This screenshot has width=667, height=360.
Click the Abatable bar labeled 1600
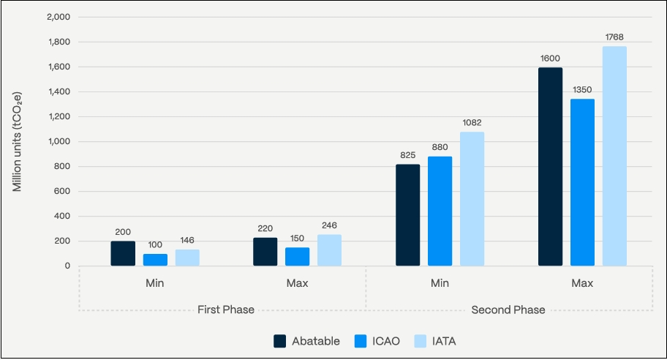pos(550,167)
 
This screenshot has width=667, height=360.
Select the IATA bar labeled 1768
pos(614,156)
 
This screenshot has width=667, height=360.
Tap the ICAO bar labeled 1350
pos(582,182)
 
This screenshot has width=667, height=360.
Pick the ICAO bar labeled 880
pos(440,211)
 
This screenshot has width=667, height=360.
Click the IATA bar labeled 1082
pos(472,198)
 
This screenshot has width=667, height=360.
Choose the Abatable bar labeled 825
pos(407,214)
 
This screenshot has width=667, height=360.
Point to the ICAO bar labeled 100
pos(155,260)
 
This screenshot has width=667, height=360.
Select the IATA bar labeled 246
pos(329,250)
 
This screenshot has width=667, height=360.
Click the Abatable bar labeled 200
pos(123,253)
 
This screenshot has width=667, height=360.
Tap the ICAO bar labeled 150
pos(297,256)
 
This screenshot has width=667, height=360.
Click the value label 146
pos(187,240)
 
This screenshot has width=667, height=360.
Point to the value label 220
pos(265,228)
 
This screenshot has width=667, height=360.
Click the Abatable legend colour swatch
pos(279,341)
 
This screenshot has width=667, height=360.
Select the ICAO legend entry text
pos(386,341)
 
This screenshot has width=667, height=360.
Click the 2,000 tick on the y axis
pos(58,17)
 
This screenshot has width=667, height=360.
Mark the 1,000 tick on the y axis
pos(58,141)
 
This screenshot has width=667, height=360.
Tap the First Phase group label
pos(226,310)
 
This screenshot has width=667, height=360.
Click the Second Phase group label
pos(508,310)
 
